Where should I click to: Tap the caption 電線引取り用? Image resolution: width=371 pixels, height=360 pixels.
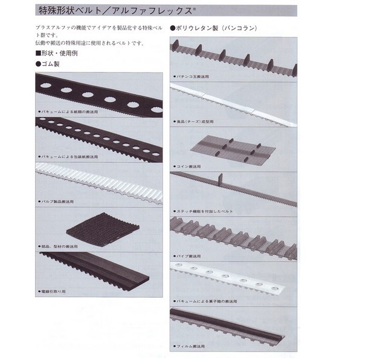[56, 291]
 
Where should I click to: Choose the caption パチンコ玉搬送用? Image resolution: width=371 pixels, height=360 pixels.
[193, 78]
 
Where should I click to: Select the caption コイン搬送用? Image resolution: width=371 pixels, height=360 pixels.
[190, 165]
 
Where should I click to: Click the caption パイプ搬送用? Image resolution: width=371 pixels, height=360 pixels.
[190, 256]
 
